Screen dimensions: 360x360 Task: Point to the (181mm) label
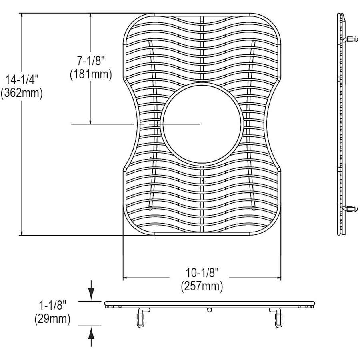[91, 74]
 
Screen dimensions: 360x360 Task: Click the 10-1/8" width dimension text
[202, 273]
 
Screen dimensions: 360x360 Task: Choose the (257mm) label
[202, 286]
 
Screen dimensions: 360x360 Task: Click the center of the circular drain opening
[202, 124]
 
